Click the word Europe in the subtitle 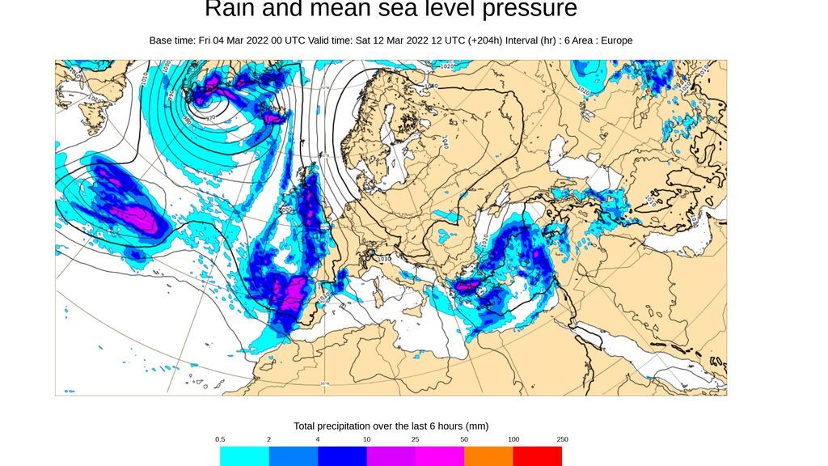(615, 40)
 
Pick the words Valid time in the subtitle (378, 40)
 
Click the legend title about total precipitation (391, 426)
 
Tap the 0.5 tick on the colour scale (220, 439)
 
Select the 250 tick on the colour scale (562, 439)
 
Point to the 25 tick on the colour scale (416, 439)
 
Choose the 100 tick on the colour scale (513, 439)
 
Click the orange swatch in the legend (488, 456)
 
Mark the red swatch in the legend (537, 456)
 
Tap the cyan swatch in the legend (244, 456)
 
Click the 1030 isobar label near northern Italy (382, 260)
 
